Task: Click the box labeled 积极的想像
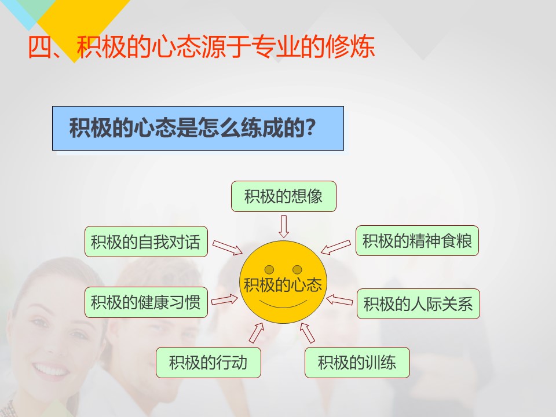click(x=284, y=196)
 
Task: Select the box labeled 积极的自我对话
click(x=146, y=242)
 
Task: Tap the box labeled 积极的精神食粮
click(x=418, y=241)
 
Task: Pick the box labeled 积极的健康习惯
click(x=146, y=302)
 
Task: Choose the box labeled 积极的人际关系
click(x=418, y=304)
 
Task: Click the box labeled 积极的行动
click(x=209, y=363)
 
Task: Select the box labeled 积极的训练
click(x=357, y=363)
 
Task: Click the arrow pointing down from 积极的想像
click(x=284, y=226)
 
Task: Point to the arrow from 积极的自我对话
click(x=227, y=247)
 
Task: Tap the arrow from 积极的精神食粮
click(x=336, y=247)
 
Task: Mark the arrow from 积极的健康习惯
click(x=225, y=301)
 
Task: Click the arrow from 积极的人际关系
click(x=339, y=300)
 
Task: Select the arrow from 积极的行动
click(x=257, y=333)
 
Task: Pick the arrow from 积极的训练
click(x=307, y=334)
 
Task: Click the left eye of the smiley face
click(x=269, y=270)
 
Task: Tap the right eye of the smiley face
click(x=297, y=270)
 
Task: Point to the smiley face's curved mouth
click(x=283, y=306)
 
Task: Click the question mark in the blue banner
click(x=310, y=127)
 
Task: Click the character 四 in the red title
click(x=39, y=47)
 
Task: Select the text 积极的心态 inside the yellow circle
click(x=283, y=285)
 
